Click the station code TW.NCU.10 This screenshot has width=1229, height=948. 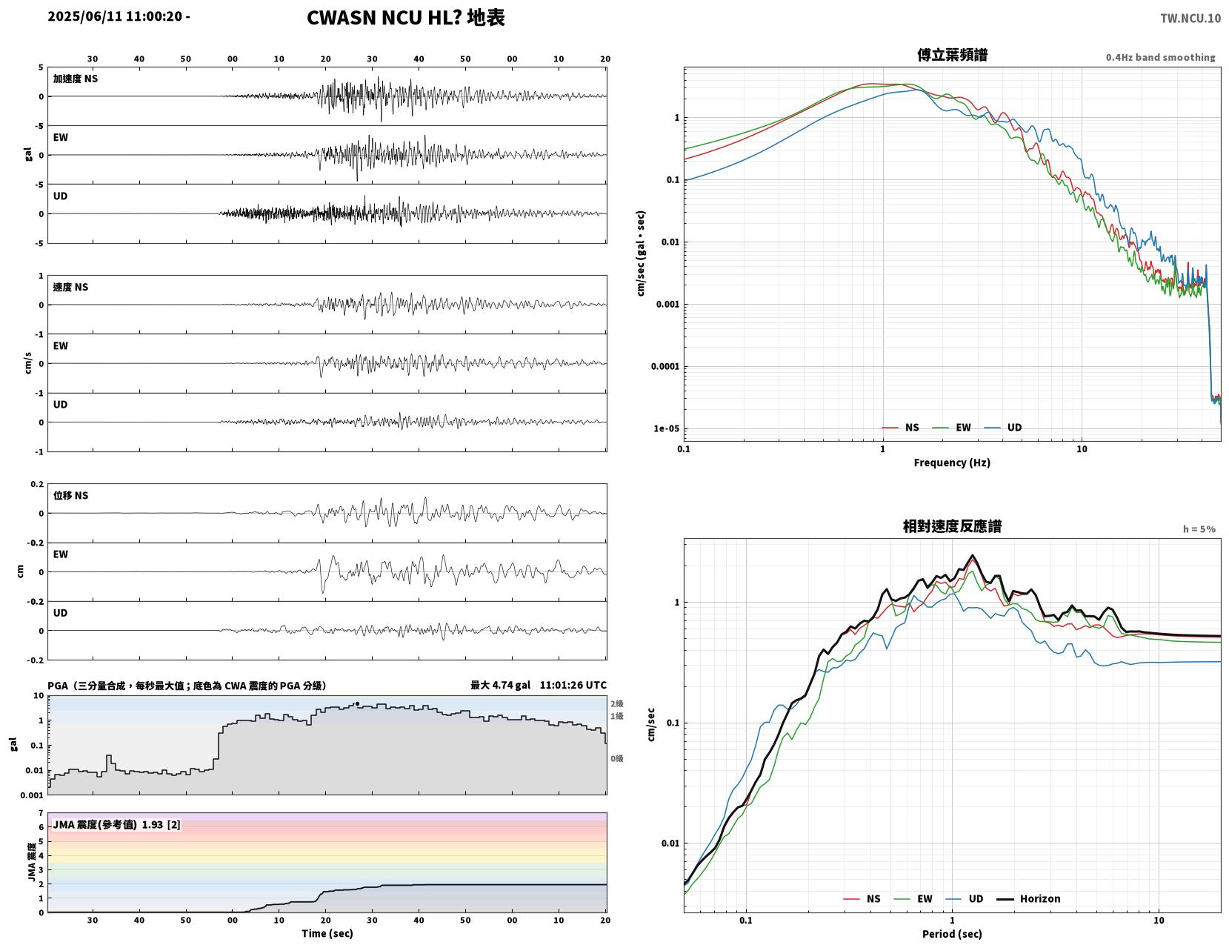click(1190, 18)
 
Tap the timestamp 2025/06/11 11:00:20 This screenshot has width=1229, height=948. click(115, 16)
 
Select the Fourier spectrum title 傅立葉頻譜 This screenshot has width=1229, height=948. click(952, 55)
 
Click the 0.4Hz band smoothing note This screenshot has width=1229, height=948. click(1160, 57)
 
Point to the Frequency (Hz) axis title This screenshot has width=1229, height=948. click(951, 462)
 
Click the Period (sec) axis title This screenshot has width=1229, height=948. click(951, 933)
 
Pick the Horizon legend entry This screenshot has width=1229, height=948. click(1028, 898)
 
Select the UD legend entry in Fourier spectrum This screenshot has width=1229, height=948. click(1003, 427)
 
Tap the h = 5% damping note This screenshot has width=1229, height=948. click(1199, 529)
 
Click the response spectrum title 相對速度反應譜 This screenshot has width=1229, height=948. click(951, 526)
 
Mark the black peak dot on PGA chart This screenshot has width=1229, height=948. click(357, 703)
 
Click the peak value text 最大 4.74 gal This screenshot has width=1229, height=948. click(500, 685)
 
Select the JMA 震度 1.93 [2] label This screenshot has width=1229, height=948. click(116, 824)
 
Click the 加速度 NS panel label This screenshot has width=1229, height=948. click(76, 79)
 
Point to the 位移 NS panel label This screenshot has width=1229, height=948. click(70, 495)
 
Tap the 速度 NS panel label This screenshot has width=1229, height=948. click(70, 287)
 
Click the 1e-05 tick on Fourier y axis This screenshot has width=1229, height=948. click(666, 428)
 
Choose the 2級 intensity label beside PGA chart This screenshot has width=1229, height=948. click(616, 703)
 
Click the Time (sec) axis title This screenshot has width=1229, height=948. click(327, 933)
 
